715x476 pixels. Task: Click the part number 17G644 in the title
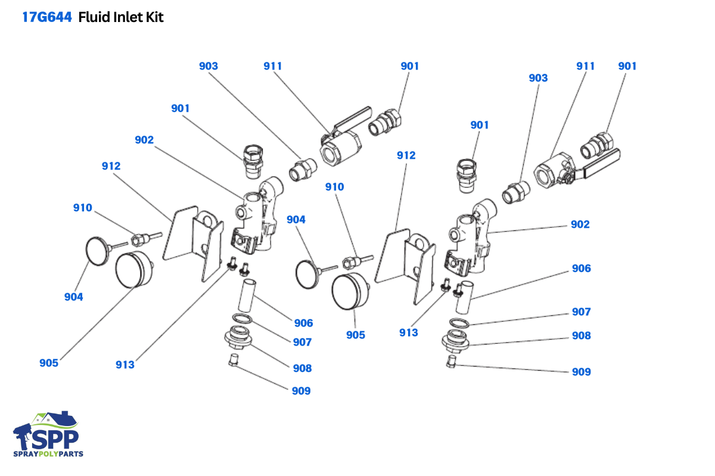(x=47, y=17)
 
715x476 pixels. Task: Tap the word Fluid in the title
(x=94, y=17)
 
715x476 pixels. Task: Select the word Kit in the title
(x=154, y=17)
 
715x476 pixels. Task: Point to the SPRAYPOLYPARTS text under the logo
(x=48, y=454)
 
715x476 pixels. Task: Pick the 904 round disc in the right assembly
(x=309, y=272)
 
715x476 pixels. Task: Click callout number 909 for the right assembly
(x=581, y=372)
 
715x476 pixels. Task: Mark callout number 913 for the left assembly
(x=125, y=365)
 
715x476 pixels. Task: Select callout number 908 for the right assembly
(x=581, y=336)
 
